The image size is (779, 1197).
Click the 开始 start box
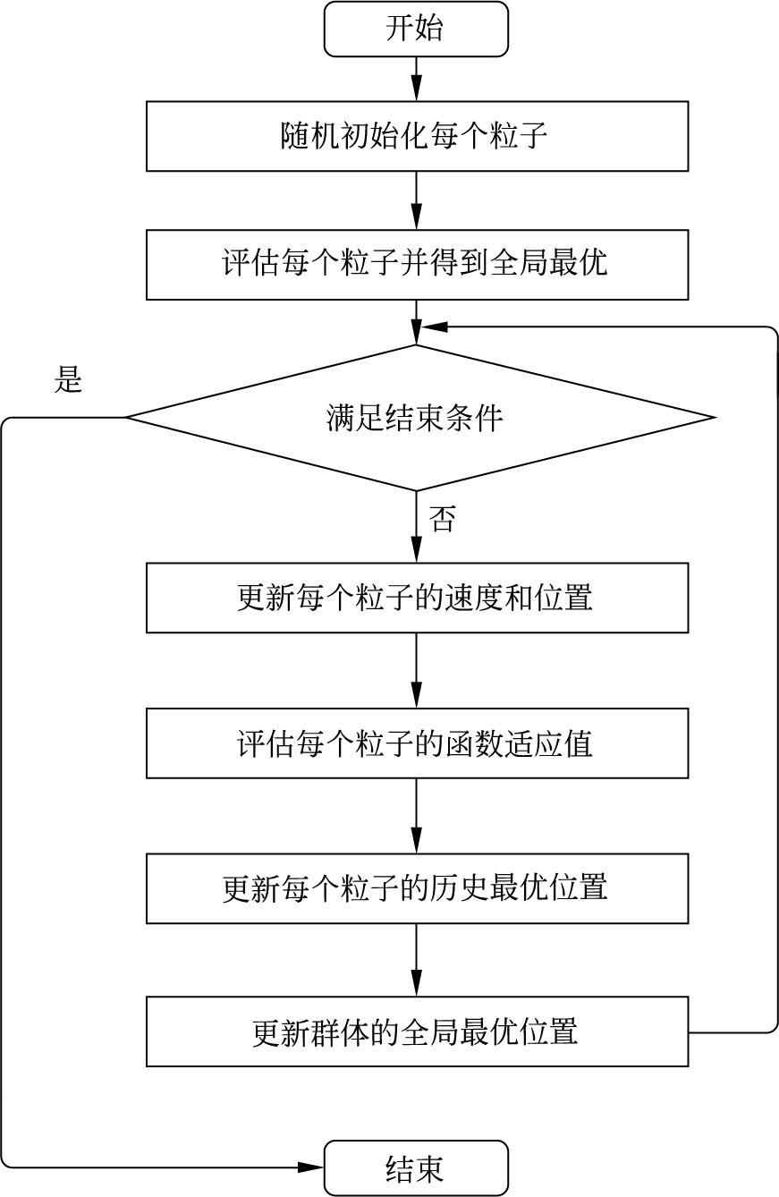416,29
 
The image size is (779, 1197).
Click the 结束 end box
416,1167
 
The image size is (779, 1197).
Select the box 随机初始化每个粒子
417,136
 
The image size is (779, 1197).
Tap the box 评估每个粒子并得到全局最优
417,265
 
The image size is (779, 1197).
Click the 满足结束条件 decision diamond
417,418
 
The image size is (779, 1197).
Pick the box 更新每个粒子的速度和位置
417,598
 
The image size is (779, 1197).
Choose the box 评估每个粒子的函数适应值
417,743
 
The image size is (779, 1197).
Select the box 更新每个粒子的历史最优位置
417,888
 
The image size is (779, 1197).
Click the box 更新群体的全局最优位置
417,1031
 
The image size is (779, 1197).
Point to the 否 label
442,519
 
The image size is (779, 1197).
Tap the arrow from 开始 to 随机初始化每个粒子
417,79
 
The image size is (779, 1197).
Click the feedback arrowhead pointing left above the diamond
435,327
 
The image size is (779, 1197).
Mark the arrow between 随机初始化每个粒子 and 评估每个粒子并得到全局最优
417,200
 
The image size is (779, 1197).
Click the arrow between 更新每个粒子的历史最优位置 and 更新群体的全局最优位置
417,961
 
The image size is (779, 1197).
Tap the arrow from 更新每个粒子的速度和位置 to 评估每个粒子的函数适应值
417,671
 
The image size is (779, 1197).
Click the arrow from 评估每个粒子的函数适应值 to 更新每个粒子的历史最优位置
417,816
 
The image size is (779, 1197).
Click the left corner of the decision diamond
129,417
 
